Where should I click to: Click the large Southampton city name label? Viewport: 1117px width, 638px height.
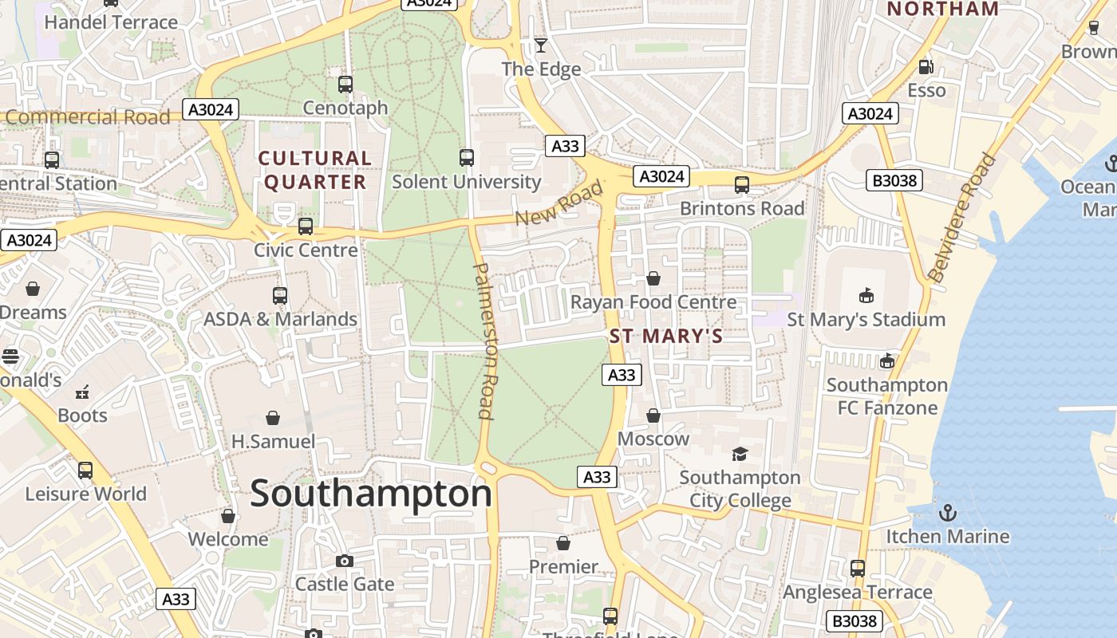point(371,494)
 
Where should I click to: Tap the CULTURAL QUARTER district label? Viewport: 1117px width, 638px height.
point(315,170)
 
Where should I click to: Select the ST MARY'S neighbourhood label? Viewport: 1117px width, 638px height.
point(666,336)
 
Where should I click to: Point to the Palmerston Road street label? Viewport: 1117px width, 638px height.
point(486,341)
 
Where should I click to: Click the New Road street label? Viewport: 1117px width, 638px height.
point(558,204)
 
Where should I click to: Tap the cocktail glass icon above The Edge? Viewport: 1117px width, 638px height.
point(541,45)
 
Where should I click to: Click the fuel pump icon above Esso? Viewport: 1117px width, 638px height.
point(926,67)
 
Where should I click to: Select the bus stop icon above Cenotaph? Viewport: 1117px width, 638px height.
point(345,84)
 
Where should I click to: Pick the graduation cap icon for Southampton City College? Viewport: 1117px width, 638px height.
point(740,454)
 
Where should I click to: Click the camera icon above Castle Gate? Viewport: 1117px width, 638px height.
point(345,561)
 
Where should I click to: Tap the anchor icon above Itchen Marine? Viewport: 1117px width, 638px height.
point(948,512)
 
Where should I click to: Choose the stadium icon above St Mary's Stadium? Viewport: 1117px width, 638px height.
point(866,296)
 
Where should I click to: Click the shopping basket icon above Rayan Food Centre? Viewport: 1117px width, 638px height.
point(653,278)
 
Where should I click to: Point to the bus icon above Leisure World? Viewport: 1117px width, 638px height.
point(85,471)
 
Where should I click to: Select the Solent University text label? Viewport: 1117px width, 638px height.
point(467,182)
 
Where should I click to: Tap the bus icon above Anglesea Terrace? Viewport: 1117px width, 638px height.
point(858,569)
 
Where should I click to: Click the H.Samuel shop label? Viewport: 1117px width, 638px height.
point(273,441)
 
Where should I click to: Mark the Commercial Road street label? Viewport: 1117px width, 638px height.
point(88,117)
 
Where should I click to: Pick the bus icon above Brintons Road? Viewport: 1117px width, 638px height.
point(742,185)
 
